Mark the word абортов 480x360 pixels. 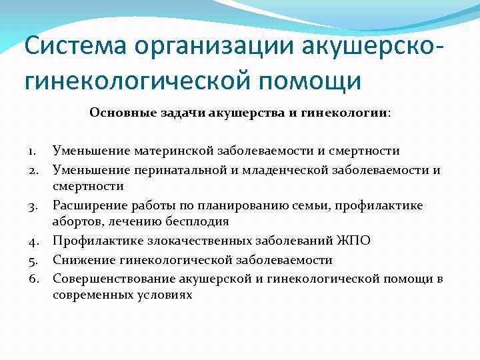pos(76,223)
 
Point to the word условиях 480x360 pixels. pos(164,295)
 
